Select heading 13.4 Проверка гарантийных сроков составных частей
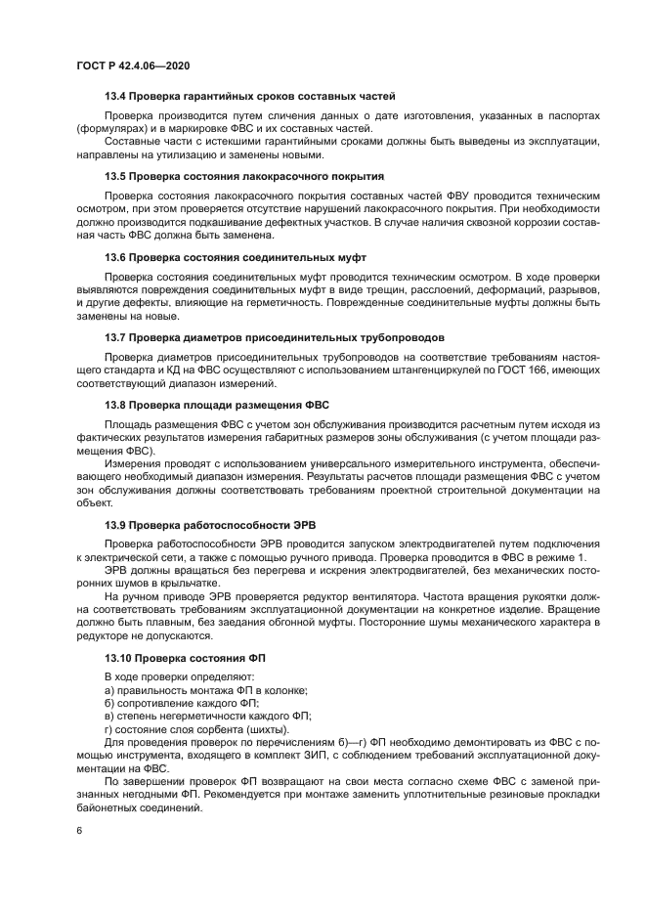click(249, 97)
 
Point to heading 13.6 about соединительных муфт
click(235, 257)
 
